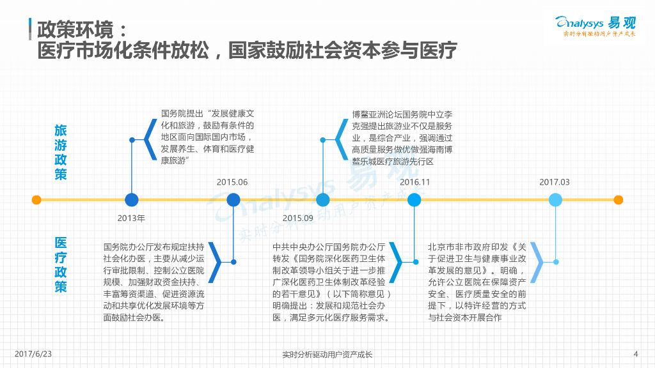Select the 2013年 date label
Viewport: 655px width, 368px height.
[x=131, y=218]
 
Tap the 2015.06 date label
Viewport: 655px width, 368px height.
[x=232, y=182]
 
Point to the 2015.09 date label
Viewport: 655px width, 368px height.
[x=297, y=218]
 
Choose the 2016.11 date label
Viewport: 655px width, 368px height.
[x=414, y=182]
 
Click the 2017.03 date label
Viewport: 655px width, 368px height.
[x=554, y=182]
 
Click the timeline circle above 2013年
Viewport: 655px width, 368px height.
[x=132, y=200]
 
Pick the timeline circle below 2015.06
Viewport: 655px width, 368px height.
[x=233, y=200]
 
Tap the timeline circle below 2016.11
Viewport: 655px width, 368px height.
[x=414, y=200]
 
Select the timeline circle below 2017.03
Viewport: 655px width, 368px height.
[x=555, y=200]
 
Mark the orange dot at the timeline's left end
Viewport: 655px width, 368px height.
[x=36, y=200]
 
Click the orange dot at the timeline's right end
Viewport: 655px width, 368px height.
[x=618, y=200]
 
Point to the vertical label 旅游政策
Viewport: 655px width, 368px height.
[x=60, y=152]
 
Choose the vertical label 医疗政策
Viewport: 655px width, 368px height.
[x=60, y=264]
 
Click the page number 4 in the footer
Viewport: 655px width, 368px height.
[x=635, y=354]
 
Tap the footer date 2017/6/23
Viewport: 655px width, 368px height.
[x=33, y=354]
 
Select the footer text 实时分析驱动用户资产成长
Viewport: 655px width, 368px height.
[x=327, y=355]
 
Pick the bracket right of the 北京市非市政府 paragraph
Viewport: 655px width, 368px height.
[x=536, y=263]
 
